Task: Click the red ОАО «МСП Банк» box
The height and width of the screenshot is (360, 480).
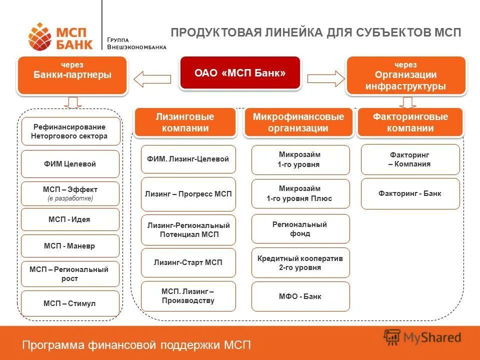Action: tap(240, 73)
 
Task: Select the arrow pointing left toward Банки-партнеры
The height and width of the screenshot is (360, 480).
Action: tap(152, 78)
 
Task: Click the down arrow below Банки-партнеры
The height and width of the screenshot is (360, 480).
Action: tap(73, 103)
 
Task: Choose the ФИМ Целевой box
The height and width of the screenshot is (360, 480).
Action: tap(70, 164)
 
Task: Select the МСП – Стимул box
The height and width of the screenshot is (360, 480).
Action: tap(70, 303)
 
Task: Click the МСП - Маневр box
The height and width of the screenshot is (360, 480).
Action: tap(70, 246)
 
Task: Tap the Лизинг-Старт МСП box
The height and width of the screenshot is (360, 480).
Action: tap(188, 262)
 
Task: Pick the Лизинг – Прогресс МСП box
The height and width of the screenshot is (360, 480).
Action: tap(188, 194)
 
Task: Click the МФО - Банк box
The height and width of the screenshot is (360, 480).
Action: tap(300, 296)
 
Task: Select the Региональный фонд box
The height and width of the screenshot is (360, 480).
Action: tap(300, 229)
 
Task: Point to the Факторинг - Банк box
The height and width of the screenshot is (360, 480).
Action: tap(410, 193)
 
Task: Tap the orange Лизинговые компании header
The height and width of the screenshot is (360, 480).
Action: tap(184, 122)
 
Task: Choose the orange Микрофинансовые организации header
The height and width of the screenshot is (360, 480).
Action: tap(298, 122)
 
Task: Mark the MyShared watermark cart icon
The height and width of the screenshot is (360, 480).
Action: tap(393, 337)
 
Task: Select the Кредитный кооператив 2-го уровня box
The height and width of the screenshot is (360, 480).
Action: tap(300, 263)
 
